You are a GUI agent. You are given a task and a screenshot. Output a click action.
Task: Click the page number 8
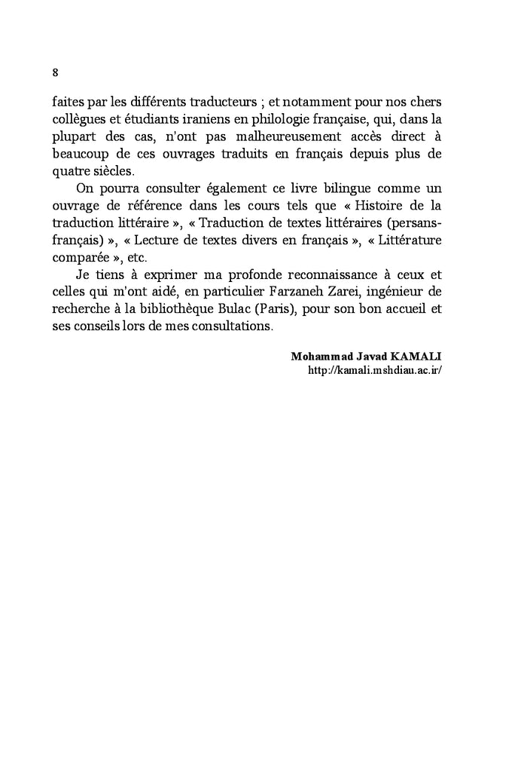click(56, 73)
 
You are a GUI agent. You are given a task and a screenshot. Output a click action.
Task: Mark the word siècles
click(111, 170)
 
